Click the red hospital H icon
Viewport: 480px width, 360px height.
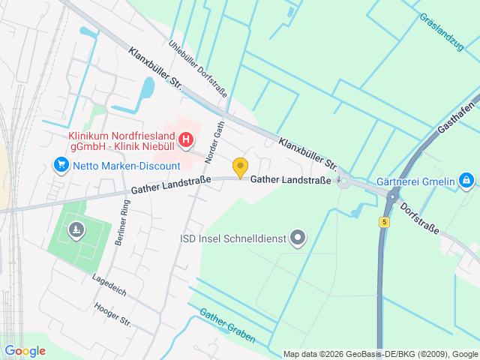[186, 139]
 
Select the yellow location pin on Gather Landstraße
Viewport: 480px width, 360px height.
[240, 168]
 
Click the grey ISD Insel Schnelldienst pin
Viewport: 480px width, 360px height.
[298, 239]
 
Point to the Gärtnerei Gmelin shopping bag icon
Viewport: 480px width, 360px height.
[466, 180]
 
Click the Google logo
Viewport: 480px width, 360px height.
[25, 351]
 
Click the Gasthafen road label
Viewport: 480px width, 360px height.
[457, 116]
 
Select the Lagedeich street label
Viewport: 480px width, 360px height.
[109, 283]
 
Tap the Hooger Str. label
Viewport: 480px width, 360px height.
[112, 315]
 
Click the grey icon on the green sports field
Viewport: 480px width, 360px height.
[75, 231]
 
